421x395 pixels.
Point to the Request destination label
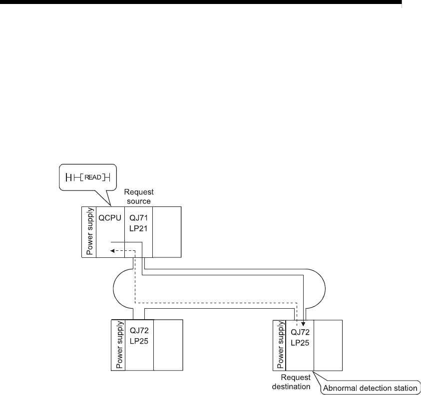point(296,382)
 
